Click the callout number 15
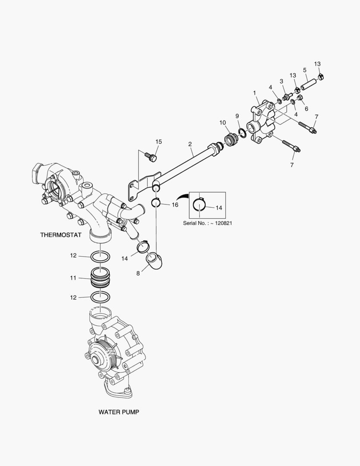click(159, 142)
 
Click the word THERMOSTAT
click(61, 235)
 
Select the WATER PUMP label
click(119, 412)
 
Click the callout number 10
click(222, 123)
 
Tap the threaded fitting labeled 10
click(230, 141)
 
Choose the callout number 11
click(74, 278)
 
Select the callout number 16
click(175, 205)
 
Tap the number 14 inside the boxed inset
click(219, 208)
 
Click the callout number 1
click(254, 93)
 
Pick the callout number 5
click(305, 70)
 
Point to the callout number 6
click(307, 109)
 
